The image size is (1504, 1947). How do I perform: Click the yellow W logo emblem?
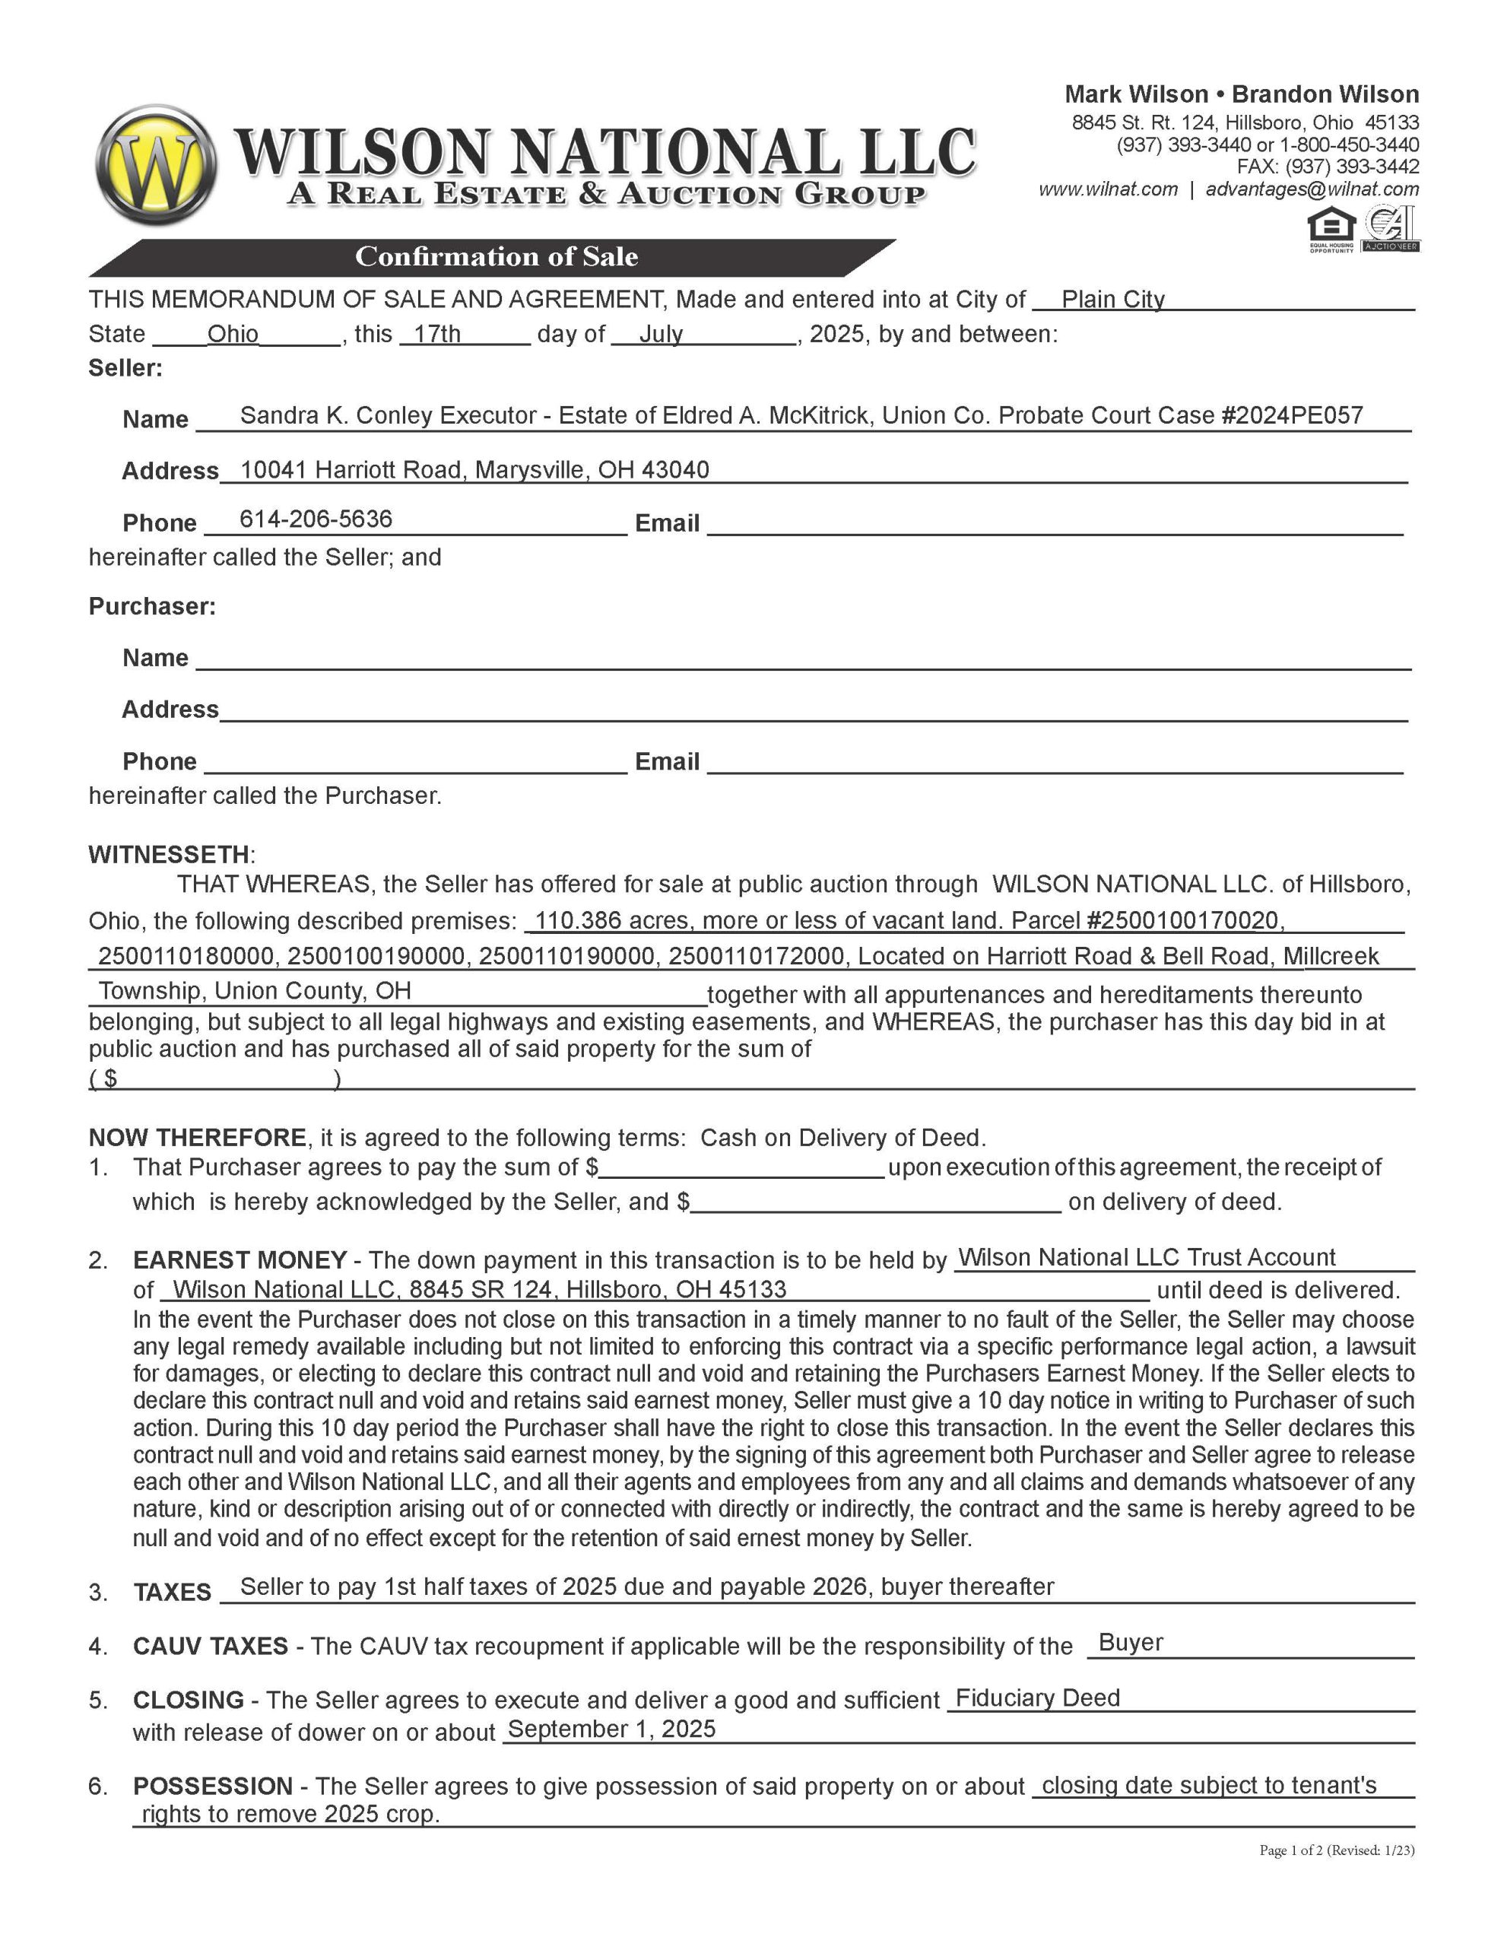(x=155, y=165)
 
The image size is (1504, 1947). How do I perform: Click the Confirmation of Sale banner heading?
(x=496, y=257)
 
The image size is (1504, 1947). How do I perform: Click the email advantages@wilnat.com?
(x=1312, y=189)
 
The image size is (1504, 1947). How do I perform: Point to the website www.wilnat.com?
(x=1108, y=189)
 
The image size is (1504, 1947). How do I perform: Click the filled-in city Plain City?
(x=1112, y=300)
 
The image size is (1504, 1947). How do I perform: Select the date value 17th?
(x=437, y=335)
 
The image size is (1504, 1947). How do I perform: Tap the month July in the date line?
(x=661, y=335)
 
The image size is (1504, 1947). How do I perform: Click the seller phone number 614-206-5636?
(x=316, y=519)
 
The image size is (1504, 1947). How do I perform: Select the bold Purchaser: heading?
(x=152, y=606)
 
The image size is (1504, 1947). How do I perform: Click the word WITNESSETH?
(x=169, y=854)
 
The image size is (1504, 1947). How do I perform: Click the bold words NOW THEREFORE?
(x=197, y=1138)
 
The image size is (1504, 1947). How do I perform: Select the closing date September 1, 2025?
(x=611, y=1729)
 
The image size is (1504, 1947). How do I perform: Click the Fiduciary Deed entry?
(x=1037, y=1698)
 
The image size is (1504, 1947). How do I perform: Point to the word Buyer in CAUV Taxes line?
(x=1131, y=1642)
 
